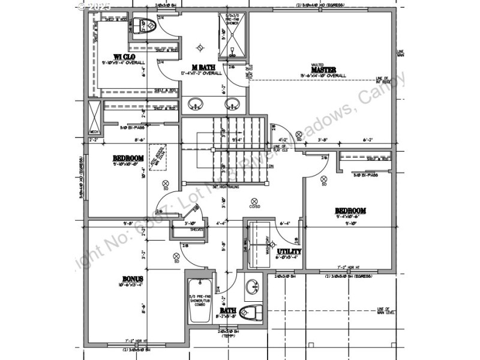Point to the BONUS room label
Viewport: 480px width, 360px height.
131,279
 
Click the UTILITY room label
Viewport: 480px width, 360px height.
289,251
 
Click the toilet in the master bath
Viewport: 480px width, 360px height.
145,26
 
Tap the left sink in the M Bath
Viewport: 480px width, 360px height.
194,105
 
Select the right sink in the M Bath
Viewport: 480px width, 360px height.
232,105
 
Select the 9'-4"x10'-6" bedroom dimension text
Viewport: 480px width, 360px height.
350,217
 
